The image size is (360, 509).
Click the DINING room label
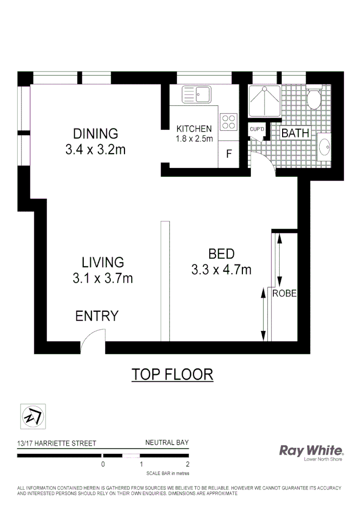pos(96,133)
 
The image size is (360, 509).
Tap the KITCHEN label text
pos(194,129)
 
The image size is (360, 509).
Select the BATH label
pos(295,133)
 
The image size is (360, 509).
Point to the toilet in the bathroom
pos(313,99)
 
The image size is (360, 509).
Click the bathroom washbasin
pos(324,146)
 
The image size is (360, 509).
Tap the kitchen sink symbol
pos(196,94)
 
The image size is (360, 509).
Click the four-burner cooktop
pos(229,121)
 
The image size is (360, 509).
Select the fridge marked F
pos(228,154)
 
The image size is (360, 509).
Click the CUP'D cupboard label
pos(257,129)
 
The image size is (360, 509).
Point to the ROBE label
pos(285,294)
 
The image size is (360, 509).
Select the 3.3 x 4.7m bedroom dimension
pos(222,269)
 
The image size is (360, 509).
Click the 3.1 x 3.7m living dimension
pos(103,278)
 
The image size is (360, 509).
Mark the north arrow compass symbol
pos(32,416)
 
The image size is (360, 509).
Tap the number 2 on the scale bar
pos(188,464)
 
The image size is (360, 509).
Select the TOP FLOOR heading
pos(172,374)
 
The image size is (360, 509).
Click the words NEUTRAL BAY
pos(167,442)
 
